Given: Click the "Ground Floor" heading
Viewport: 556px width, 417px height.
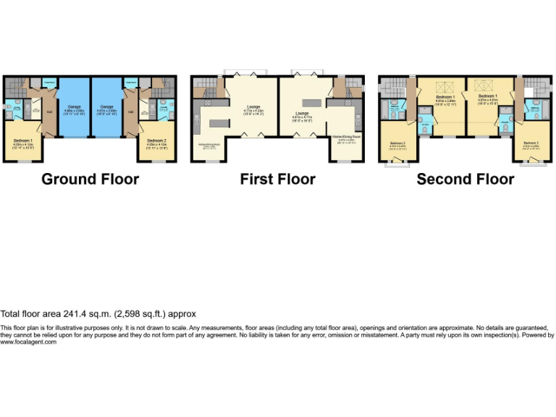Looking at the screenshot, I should [90, 179].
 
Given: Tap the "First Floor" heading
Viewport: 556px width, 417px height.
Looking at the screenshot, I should [278, 179].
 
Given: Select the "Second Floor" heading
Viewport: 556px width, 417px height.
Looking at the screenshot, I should [466, 179].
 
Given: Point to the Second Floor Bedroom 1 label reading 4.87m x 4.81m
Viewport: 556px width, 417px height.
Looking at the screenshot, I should [486, 97].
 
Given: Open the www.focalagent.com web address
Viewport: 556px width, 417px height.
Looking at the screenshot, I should [28, 342].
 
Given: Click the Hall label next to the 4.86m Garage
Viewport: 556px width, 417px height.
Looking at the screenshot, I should [49, 111].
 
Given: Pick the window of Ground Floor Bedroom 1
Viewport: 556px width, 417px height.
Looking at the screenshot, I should [22, 161].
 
